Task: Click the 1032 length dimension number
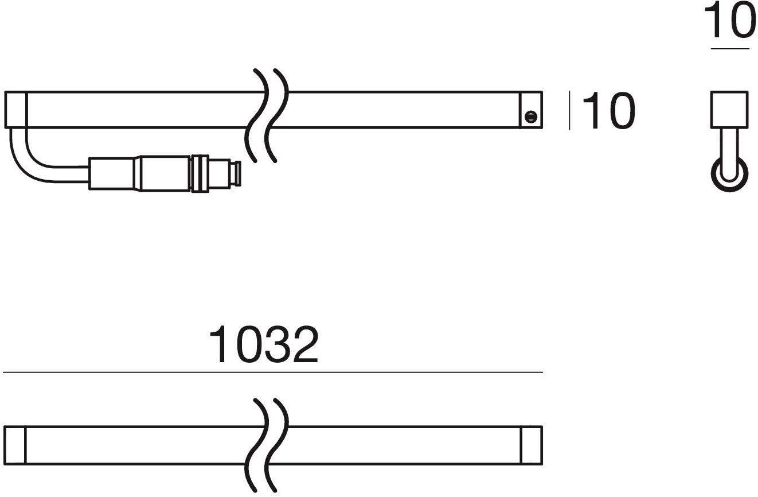263,345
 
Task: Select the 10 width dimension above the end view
730,22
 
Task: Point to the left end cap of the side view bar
15,110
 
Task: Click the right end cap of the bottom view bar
532,445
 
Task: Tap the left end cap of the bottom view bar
15,445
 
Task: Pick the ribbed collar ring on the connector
200,172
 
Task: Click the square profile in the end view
729,110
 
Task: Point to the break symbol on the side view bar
267,115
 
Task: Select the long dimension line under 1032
272,372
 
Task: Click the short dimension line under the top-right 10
730,49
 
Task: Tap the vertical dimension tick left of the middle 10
569,111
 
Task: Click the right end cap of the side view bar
532,110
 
